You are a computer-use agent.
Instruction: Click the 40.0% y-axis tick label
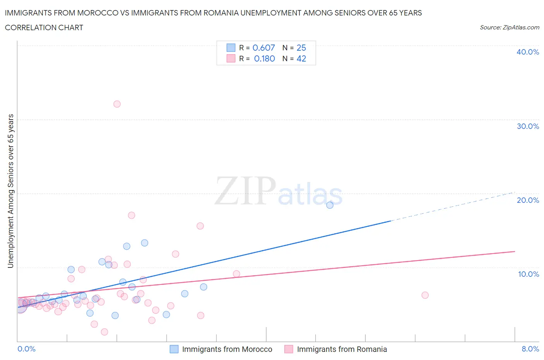(x=528, y=52)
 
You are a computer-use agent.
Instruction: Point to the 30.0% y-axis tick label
(x=528, y=126)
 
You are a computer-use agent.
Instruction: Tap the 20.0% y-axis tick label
(x=528, y=200)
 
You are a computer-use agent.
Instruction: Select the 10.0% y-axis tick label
(x=528, y=274)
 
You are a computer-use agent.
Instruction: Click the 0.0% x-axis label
(x=27, y=349)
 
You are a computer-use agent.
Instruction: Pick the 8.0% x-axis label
(x=530, y=349)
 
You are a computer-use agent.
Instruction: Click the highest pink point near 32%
(x=117, y=104)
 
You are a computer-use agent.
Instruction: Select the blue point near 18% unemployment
(x=330, y=205)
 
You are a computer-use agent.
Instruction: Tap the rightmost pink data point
(x=425, y=295)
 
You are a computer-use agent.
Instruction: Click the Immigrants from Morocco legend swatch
(x=174, y=349)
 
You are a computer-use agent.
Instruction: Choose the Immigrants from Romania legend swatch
(x=289, y=349)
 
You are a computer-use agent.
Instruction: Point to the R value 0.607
(x=263, y=48)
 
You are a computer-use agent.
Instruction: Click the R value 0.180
(x=264, y=58)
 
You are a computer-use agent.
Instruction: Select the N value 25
(x=301, y=48)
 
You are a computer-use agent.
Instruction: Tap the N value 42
(x=301, y=58)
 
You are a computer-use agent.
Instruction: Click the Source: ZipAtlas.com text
(x=509, y=27)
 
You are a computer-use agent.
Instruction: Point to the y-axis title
(x=10, y=191)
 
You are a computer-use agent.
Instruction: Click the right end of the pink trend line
(x=514, y=252)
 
